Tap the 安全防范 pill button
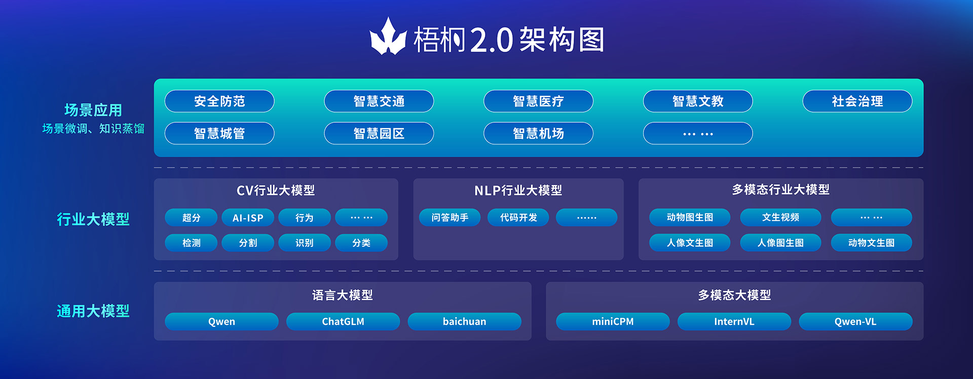(x=219, y=101)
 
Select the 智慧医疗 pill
(x=538, y=101)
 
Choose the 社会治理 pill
(x=857, y=101)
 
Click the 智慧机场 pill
(x=538, y=133)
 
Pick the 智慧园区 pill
(x=379, y=133)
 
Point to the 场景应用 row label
(x=93, y=110)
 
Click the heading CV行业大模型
(x=276, y=190)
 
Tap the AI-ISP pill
(x=248, y=218)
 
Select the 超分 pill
(x=191, y=218)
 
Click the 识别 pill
(x=305, y=243)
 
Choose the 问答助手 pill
(x=450, y=218)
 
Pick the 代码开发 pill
(x=518, y=218)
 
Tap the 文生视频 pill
(x=780, y=218)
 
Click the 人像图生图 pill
(x=780, y=243)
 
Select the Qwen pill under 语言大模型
(x=221, y=322)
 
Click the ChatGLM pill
(x=343, y=322)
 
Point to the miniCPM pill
(x=613, y=322)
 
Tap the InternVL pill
(x=734, y=322)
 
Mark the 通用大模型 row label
(x=93, y=311)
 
